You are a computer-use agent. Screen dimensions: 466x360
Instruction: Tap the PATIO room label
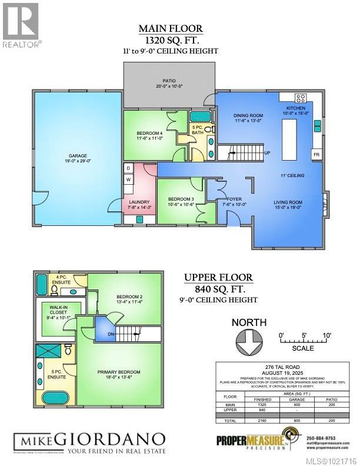pyautogui.click(x=169, y=82)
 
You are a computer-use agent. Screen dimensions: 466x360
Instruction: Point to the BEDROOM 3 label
pyautogui.click(x=181, y=199)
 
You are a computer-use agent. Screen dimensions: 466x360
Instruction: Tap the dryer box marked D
pyautogui.click(x=128, y=168)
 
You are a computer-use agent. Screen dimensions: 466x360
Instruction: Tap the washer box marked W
pyautogui.click(x=128, y=179)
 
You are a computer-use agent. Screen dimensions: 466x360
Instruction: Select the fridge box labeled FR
pyautogui.click(x=316, y=154)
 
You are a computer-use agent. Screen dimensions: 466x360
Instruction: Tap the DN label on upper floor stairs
pyautogui.click(x=110, y=335)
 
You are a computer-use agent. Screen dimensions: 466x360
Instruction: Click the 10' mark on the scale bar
pyautogui.click(x=327, y=335)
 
